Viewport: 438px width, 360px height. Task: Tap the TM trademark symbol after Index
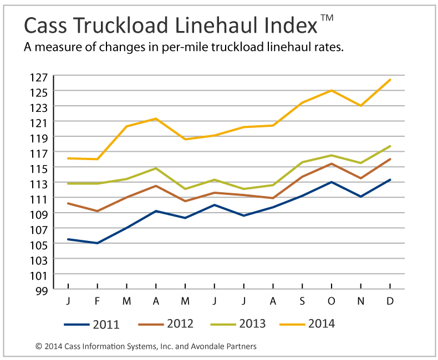[x=327, y=18]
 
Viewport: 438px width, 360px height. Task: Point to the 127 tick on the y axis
[x=42, y=76]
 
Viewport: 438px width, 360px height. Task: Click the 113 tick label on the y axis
[x=42, y=183]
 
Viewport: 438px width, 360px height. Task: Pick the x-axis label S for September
[x=302, y=301]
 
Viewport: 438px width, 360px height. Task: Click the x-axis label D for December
[x=390, y=301]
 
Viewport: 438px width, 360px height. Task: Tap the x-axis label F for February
[x=98, y=301]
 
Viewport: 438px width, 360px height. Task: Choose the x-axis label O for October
[x=332, y=301]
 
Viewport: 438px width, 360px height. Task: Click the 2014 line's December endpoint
[x=390, y=80]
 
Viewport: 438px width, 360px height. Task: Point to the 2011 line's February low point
[x=98, y=243]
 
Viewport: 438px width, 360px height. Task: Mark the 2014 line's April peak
[x=156, y=119]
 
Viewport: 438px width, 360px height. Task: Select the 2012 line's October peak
[x=332, y=164]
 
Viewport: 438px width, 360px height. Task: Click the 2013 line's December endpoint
[x=390, y=146]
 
